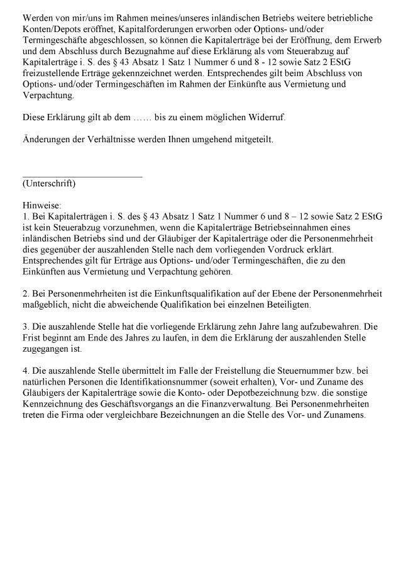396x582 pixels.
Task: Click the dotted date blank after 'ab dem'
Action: coord(131,118)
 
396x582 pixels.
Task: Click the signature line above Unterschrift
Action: coord(82,177)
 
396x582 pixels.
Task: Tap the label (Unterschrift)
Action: coord(49,184)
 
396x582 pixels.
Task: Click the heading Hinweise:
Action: coord(41,205)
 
